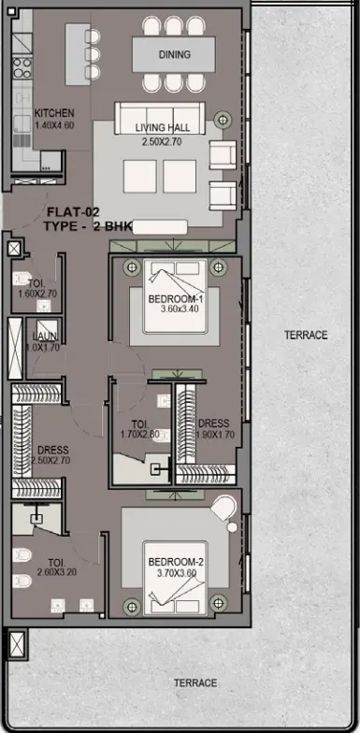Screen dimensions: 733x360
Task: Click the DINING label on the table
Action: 174,54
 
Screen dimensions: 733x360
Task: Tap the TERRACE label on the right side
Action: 306,335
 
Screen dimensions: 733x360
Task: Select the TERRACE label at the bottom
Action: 194,683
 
